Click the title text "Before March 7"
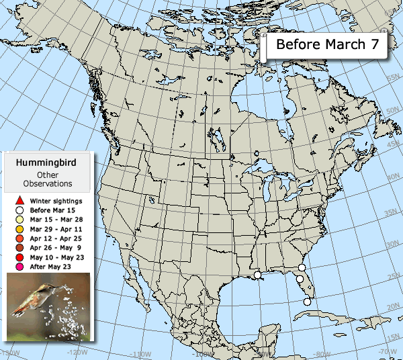click(x=327, y=46)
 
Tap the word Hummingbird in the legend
click(x=46, y=163)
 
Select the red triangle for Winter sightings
click(x=20, y=201)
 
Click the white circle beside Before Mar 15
click(x=20, y=210)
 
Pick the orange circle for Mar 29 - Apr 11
click(x=20, y=229)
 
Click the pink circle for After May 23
click(x=20, y=267)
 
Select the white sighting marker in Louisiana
click(x=257, y=275)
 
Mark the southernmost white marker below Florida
click(x=308, y=302)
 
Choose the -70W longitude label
click(x=388, y=351)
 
